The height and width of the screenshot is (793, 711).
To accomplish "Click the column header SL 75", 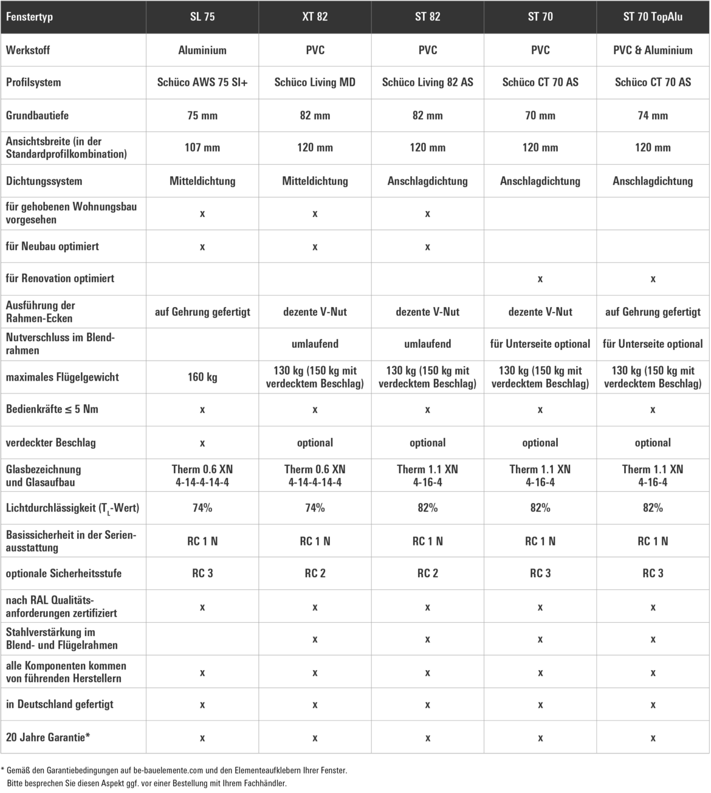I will coord(202,17).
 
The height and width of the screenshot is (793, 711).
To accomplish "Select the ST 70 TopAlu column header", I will coord(653,17).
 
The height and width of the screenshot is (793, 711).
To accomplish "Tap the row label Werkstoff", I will coord(28,50).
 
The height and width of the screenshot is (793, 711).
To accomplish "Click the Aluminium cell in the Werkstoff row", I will coord(202,50).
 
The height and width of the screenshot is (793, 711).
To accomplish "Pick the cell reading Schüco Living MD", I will coord(315,82).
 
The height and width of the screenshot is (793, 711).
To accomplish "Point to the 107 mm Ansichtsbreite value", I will coord(202,148).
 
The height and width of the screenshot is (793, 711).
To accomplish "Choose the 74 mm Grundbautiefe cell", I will coord(653,116).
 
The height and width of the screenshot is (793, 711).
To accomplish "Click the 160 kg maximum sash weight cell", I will coord(202,377).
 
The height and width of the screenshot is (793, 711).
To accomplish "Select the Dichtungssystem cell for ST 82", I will coord(427,181).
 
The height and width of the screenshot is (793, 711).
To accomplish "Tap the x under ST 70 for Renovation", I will coord(540,279).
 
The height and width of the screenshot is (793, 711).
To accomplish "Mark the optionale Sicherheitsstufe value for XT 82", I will coord(315,573).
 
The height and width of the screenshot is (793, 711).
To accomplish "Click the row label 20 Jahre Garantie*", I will coord(48,737).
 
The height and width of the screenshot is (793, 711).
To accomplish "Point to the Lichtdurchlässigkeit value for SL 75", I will coord(202,508).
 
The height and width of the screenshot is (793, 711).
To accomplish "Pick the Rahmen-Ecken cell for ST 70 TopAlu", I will coord(653,312).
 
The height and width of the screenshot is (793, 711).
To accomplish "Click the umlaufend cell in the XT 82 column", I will coord(315,344).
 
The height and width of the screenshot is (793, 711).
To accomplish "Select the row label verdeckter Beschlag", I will coord(51,443).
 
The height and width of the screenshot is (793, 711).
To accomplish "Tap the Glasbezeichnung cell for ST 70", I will coord(540,476).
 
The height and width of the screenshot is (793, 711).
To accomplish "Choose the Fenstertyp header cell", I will coord(29,17).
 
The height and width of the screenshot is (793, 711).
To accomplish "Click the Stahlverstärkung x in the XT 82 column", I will coord(315,639).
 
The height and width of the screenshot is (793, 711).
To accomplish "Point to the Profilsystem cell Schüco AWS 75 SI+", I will coord(202,82).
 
